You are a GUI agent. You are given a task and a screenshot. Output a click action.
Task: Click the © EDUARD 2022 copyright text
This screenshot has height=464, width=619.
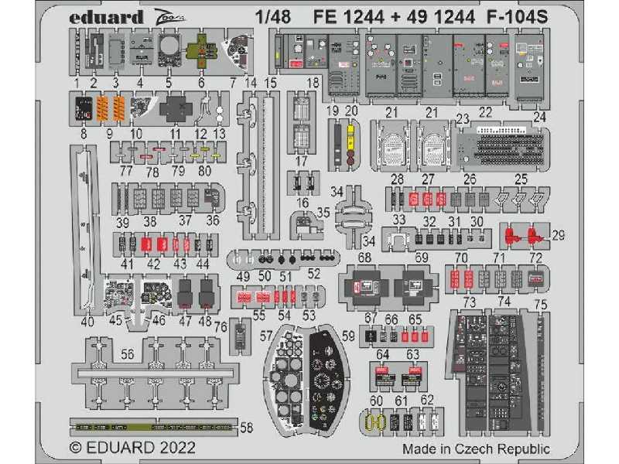(x=132, y=448)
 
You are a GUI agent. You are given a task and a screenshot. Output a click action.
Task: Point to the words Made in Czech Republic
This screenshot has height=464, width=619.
(x=476, y=449)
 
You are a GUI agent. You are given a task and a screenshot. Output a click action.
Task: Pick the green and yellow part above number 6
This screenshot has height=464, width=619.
(x=200, y=51)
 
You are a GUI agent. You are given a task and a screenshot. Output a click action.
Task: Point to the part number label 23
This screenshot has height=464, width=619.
(x=463, y=119)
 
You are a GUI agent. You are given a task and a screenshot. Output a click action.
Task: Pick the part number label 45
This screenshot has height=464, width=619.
(x=116, y=321)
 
